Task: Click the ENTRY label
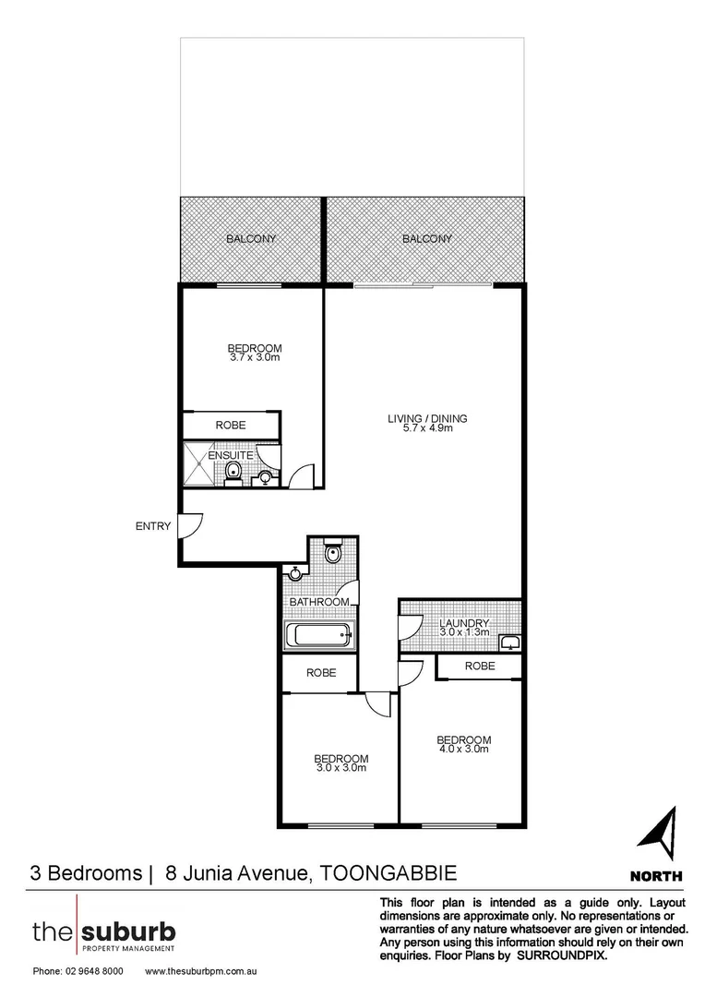153,526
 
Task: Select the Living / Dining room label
427,418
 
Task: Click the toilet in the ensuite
234,474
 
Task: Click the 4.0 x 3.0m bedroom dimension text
463,750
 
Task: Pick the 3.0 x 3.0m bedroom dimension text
342,766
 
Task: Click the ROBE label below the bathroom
319,673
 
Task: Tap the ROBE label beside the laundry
480,666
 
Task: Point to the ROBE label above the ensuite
230,426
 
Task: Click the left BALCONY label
251,239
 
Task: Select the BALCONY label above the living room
427,239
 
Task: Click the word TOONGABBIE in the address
389,872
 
